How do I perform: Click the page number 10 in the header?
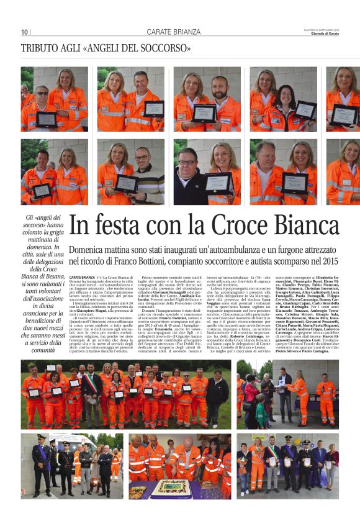point(25,32)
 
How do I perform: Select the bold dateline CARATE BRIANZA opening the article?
point(82,276)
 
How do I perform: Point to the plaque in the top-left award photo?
point(47,119)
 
